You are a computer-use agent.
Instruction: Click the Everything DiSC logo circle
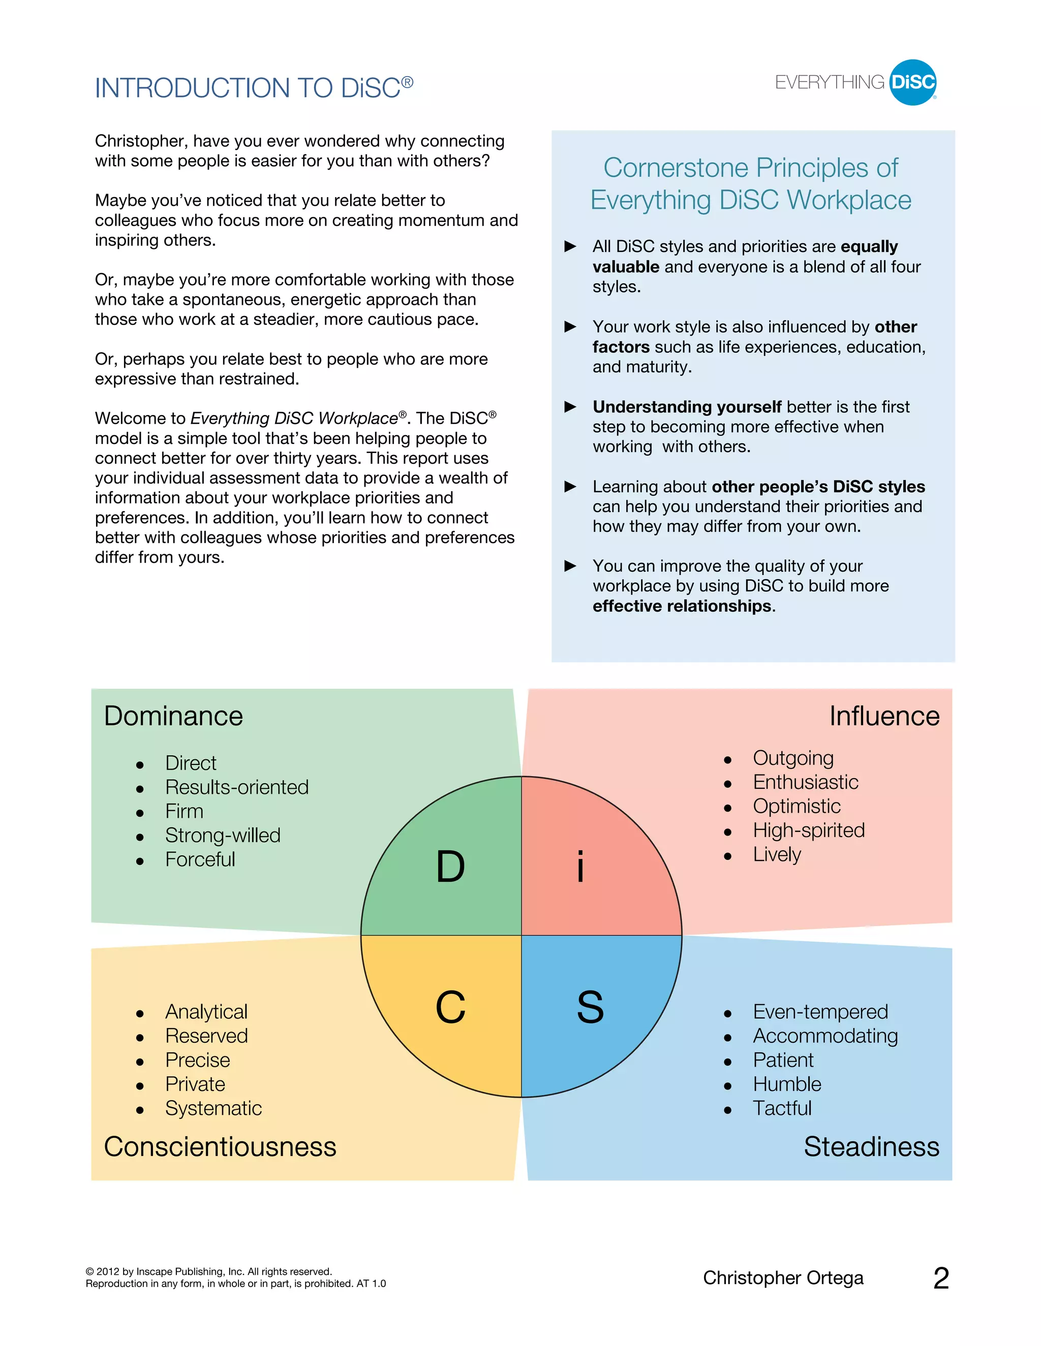pos(913,83)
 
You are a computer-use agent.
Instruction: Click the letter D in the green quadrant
pos(450,867)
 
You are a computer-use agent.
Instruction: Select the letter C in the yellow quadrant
pos(450,1007)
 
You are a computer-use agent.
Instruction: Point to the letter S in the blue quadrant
pos(590,1007)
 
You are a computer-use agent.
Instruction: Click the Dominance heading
pos(173,716)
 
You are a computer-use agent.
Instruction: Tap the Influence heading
pos(884,716)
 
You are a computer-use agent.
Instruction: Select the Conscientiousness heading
pos(220,1147)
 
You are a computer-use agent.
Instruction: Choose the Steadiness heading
pos(871,1147)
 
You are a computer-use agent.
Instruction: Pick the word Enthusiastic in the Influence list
pos(806,782)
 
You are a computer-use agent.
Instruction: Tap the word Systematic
pos(213,1108)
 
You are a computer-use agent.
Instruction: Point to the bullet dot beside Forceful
pos(140,861)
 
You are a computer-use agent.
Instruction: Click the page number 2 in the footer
pos(940,1278)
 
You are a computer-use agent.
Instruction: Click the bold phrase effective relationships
pos(682,606)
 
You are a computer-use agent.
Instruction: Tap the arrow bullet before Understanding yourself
pos(570,407)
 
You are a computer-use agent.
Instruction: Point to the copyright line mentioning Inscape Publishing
pos(208,1271)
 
